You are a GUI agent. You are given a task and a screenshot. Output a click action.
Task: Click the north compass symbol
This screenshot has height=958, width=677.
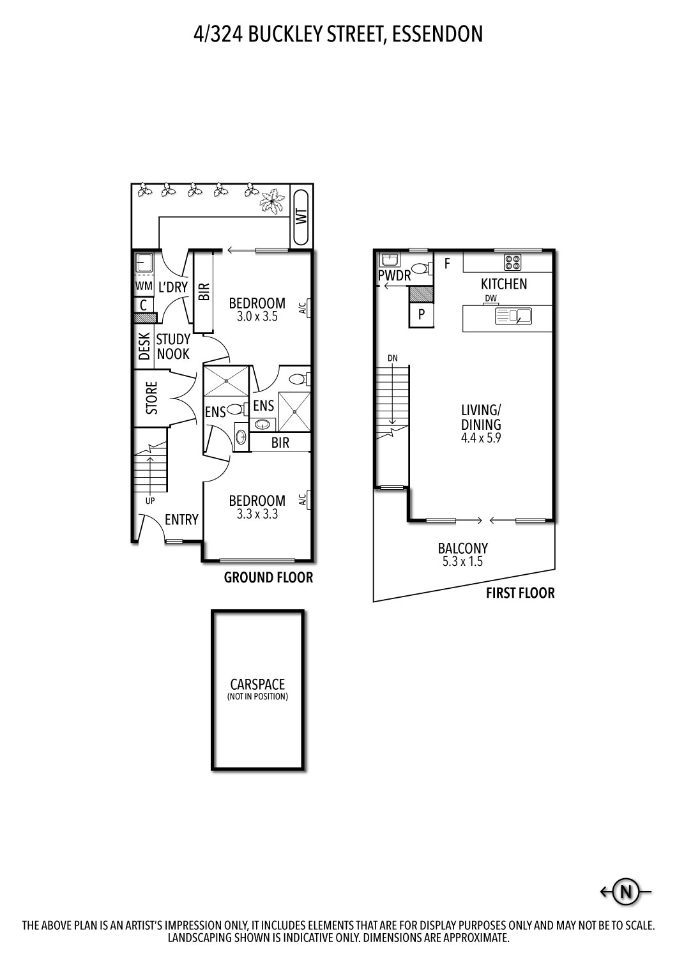(x=626, y=891)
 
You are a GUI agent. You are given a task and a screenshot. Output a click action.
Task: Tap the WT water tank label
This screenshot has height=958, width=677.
(x=300, y=217)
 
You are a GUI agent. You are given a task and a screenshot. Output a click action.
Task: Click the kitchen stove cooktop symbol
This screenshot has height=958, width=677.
(x=513, y=262)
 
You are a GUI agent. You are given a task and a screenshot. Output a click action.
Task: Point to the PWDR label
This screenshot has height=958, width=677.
(x=394, y=276)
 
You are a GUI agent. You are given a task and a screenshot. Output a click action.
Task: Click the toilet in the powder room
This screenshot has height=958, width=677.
(x=419, y=268)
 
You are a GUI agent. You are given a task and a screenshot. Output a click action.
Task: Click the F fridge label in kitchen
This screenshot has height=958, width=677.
(x=447, y=263)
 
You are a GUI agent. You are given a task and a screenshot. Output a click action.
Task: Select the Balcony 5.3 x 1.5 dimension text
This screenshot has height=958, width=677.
(x=462, y=562)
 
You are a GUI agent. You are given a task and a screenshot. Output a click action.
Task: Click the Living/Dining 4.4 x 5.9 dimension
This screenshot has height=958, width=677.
(x=482, y=438)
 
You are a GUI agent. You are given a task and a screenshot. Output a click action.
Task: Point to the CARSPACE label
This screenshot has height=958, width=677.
(x=257, y=684)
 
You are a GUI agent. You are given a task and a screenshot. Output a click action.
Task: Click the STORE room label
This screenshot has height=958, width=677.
(x=151, y=399)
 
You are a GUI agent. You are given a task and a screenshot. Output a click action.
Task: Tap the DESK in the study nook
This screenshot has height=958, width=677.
(x=144, y=346)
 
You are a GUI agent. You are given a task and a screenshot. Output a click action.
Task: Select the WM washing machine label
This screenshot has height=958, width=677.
(x=143, y=287)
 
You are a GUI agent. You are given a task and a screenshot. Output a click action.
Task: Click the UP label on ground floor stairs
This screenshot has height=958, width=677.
(x=149, y=501)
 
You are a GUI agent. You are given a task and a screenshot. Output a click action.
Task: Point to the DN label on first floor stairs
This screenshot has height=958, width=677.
(x=392, y=358)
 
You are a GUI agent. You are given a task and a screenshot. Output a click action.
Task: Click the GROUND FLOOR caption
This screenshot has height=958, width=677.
(x=268, y=578)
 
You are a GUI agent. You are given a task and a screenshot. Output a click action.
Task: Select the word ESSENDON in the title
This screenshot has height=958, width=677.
(x=437, y=34)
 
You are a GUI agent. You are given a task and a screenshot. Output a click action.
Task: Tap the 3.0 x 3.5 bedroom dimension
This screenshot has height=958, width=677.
(x=257, y=316)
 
